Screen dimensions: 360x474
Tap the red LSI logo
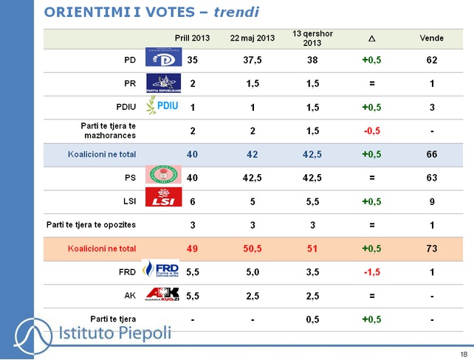coord(163,198)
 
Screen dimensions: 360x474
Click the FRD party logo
coord(162,270)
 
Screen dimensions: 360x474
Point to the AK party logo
coord(162,294)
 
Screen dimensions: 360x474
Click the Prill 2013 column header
coord(193,38)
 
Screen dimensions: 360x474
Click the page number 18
coord(463,353)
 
